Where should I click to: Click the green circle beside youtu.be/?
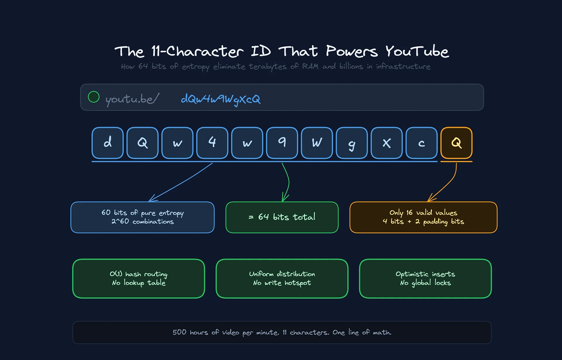94,97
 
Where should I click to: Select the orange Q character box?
456,143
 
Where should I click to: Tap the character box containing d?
108,143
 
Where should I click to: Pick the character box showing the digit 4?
212,143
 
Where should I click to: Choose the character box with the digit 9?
282,143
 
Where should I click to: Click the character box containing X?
387,143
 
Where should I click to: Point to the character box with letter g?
352,143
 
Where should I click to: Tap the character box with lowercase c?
421,143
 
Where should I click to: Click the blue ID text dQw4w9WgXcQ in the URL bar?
220,99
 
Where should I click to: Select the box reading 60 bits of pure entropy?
143,217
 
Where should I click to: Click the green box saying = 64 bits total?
282,217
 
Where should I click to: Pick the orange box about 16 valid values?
423,217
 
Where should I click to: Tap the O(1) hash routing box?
138,279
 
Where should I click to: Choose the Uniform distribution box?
282,279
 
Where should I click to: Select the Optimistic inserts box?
425,279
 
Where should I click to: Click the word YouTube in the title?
417,52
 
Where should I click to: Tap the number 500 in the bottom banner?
179,332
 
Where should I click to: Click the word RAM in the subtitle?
310,66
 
